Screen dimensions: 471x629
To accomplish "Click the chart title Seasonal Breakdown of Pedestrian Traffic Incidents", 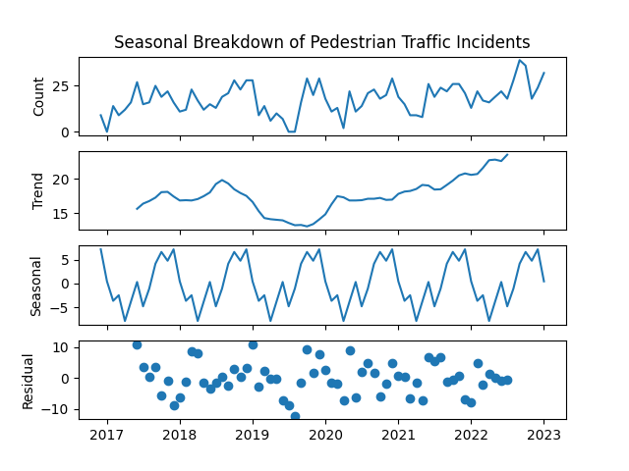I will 321,42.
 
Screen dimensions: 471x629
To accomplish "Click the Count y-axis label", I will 39,96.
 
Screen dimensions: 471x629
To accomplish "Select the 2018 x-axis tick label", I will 179,435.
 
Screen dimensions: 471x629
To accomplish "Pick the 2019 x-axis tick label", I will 253,435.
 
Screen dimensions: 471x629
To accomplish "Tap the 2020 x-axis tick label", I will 325,435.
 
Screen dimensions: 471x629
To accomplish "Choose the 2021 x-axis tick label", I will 398,435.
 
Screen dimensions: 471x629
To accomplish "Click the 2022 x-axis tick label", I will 471,435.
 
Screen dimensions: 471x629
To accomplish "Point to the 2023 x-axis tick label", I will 544,435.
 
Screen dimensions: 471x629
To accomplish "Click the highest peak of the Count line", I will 520,60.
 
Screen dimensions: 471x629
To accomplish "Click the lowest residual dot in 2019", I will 295,417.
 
